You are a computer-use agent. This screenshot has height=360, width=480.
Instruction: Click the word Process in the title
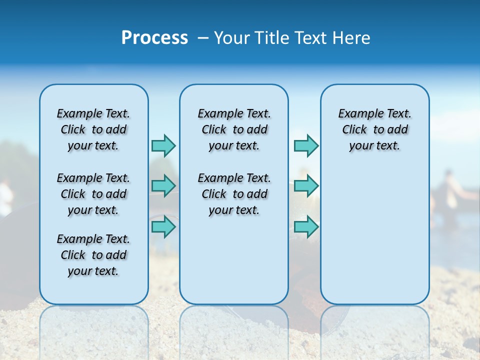(x=154, y=37)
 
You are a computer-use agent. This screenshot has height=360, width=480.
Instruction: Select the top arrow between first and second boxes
(x=163, y=145)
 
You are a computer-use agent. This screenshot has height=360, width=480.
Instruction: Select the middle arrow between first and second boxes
(x=163, y=186)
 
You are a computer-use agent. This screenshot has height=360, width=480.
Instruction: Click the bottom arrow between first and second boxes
(x=163, y=226)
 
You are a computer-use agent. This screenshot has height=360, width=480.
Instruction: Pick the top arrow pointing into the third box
(x=306, y=145)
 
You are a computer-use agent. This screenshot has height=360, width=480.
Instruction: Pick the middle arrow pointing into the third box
(x=306, y=186)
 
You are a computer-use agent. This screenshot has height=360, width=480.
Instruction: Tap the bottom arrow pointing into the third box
(x=306, y=226)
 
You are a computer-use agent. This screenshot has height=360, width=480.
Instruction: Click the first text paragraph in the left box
(x=93, y=129)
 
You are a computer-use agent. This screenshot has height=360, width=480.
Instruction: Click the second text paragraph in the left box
(x=93, y=194)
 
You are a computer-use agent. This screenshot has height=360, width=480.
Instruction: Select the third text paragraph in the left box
(x=93, y=255)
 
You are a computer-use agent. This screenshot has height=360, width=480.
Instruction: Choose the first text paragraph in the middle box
(x=234, y=129)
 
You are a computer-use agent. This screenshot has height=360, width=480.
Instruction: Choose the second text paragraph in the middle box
(x=234, y=194)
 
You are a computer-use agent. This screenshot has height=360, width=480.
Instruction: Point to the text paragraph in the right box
(x=375, y=129)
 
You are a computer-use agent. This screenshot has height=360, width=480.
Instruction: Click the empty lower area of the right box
(x=375, y=235)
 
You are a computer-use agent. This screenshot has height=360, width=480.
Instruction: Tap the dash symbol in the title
(x=202, y=38)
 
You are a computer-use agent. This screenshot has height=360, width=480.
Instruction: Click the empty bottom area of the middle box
(x=234, y=265)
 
